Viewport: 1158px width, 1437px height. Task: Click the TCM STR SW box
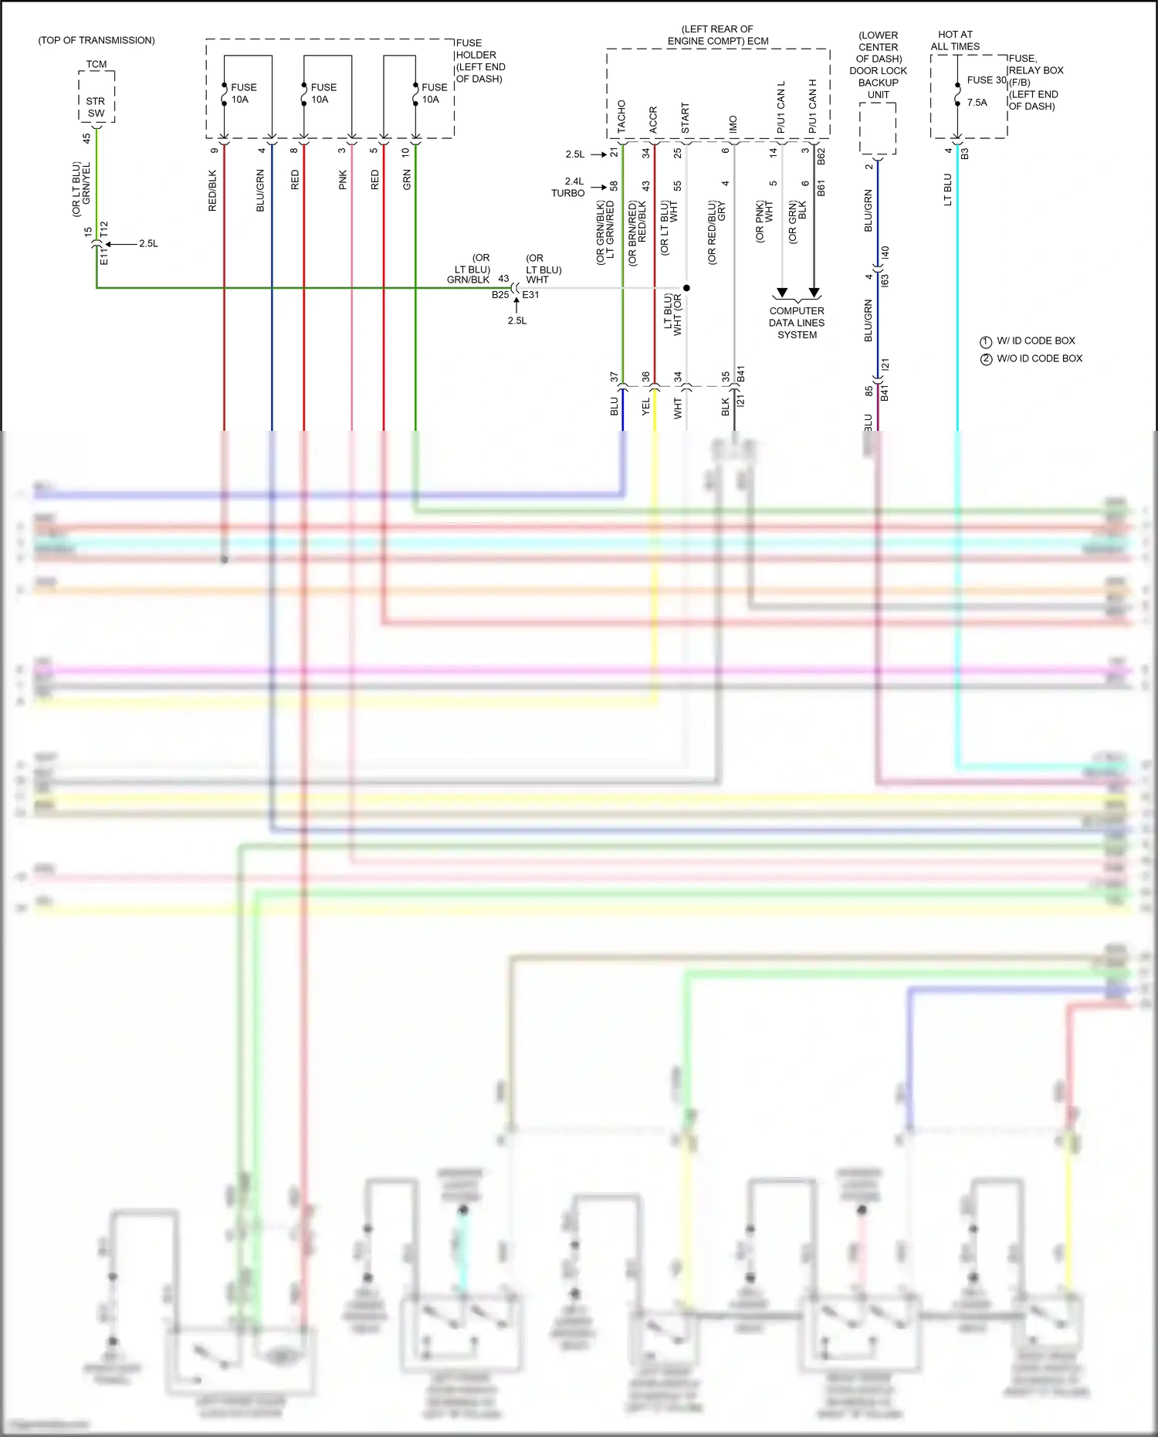point(96,97)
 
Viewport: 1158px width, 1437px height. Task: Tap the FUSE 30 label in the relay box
point(986,80)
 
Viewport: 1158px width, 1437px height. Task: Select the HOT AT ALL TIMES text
point(955,41)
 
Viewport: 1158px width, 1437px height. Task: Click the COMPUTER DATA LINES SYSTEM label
point(797,323)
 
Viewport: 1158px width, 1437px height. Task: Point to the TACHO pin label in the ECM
point(621,117)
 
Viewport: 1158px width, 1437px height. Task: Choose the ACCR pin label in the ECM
point(653,120)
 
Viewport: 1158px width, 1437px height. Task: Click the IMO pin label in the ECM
point(733,124)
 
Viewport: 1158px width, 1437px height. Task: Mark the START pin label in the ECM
point(686,118)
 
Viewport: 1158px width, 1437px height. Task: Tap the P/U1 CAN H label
point(812,107)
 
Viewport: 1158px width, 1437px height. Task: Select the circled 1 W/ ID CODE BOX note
point(1028,341)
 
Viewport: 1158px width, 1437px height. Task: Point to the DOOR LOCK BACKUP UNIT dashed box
point(878,128)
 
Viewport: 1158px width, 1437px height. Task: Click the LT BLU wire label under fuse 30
point(947,189)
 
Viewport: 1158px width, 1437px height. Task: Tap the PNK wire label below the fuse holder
point(343,181)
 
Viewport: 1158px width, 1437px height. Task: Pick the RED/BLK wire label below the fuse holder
point(213,191)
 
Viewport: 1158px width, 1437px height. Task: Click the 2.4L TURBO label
point(569,188)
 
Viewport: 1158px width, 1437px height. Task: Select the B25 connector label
point(500,295)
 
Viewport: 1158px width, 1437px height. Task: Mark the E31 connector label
point(531,295)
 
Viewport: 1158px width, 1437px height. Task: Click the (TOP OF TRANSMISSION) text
point(96,40)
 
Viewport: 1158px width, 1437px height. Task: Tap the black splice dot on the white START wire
point(686,288)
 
